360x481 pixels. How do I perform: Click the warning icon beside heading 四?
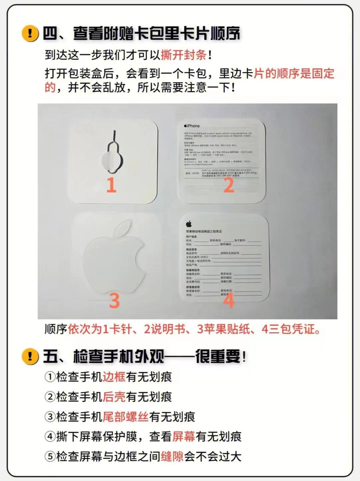[30, 33]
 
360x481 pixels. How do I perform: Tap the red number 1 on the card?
[111, 185]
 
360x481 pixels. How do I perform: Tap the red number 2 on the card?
[229, 185]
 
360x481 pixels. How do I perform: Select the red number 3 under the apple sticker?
[114, 300]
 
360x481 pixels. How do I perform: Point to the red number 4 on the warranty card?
[228, 300]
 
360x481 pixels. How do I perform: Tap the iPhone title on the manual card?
[192, 126]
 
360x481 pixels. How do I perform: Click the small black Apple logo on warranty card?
[189, 224]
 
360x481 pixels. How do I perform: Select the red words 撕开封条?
[184, 55]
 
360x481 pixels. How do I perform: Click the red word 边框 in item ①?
[114, 377]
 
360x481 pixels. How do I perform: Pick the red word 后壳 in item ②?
[114, 397]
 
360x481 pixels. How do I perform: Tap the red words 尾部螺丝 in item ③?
[125, 417]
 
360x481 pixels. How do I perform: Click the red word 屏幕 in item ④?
[184, 436]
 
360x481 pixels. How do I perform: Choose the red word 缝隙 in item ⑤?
[172, 456]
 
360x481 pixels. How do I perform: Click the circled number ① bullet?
[50, 377]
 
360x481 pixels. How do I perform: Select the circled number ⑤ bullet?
[50, 456]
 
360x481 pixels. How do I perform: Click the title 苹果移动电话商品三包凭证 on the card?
[204, 231]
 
